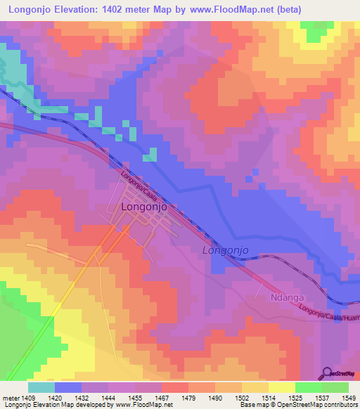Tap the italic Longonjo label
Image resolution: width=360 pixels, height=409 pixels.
pos(225,250)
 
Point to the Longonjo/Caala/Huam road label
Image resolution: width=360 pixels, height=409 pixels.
pos(327,313)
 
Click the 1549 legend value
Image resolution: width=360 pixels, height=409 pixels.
pos(347,398)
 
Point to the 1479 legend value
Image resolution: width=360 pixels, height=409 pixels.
pos(189,398)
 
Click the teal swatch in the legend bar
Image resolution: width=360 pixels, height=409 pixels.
pos(41,387)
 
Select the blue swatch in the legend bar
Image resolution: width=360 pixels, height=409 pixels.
pos(68,387)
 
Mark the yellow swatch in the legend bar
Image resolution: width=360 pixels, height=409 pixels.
pos(282,387)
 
